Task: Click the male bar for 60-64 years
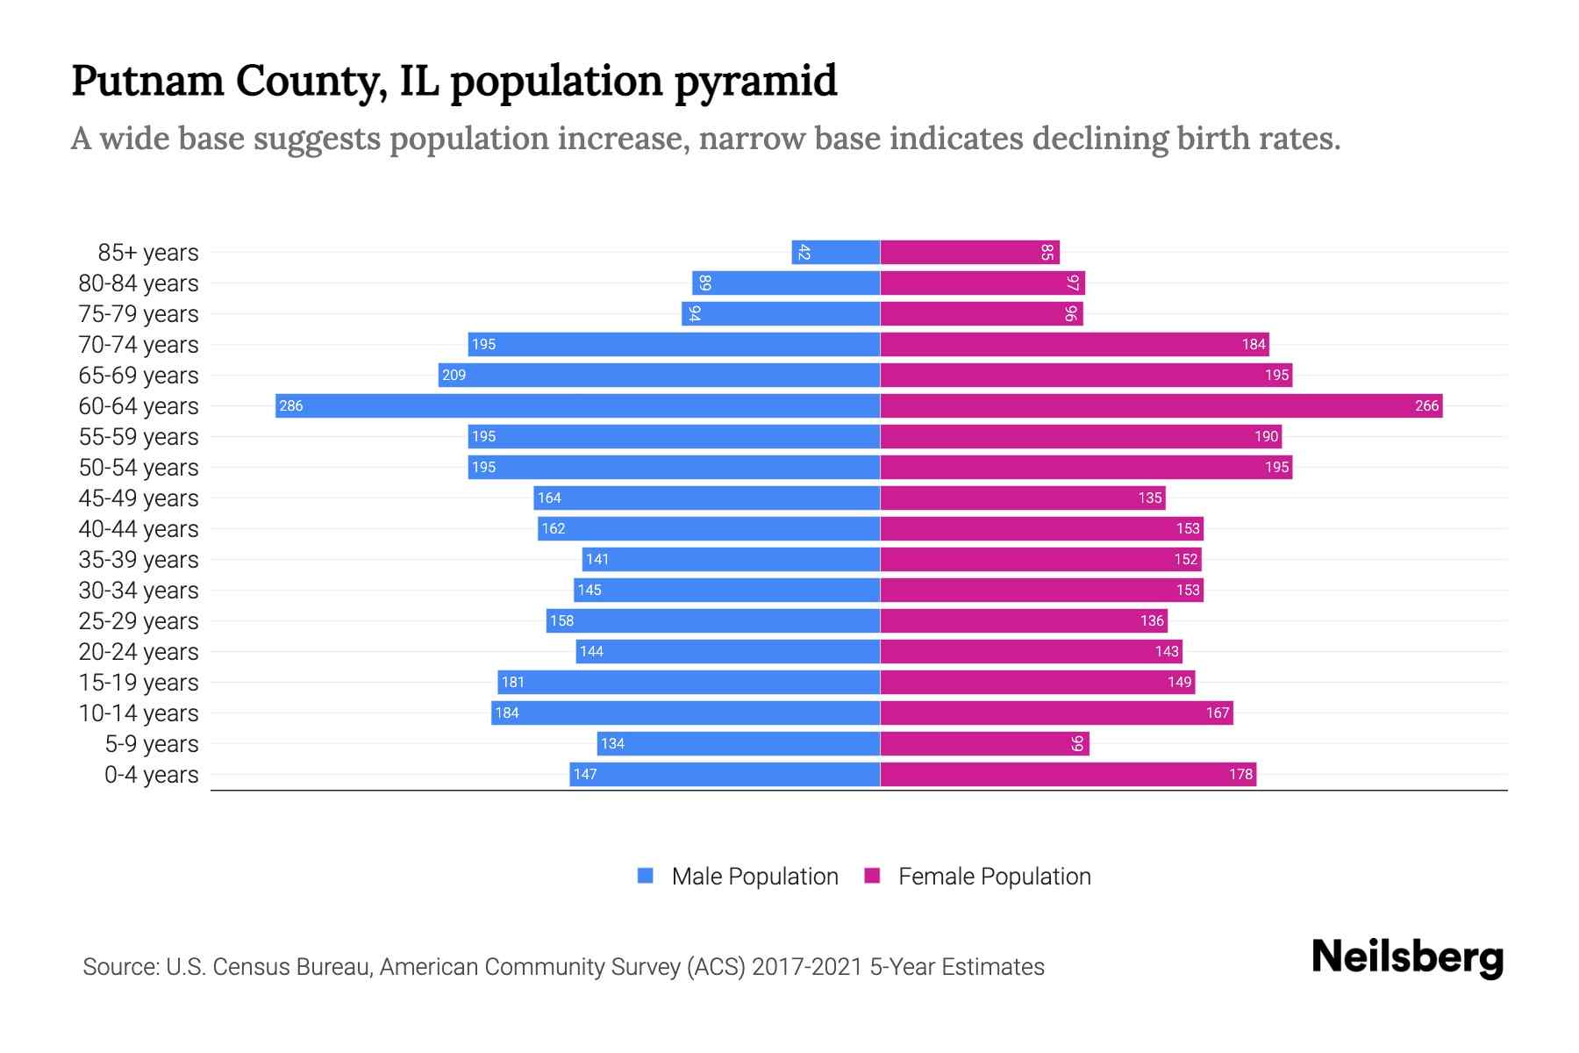click(577, 405)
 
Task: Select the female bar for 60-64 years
click(1161, 405)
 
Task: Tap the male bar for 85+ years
click(835, 252)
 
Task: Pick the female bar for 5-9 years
click(984, 743)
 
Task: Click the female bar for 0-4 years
click(1068, 774)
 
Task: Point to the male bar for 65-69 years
click(659, 375)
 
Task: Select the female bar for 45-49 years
click(1022, 498)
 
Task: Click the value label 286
click(290, 405)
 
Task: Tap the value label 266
click(1426, 405)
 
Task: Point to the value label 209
click(454, 375)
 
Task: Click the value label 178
click(1240, 774)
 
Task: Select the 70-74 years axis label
click(139, 344)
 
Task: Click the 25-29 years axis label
click(139, 620)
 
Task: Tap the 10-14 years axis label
click(139, 713)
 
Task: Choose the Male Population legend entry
click(754, 876)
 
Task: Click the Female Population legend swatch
click(872, 876)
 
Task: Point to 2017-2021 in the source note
click(806, 966)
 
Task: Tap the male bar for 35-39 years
click(731, 559)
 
